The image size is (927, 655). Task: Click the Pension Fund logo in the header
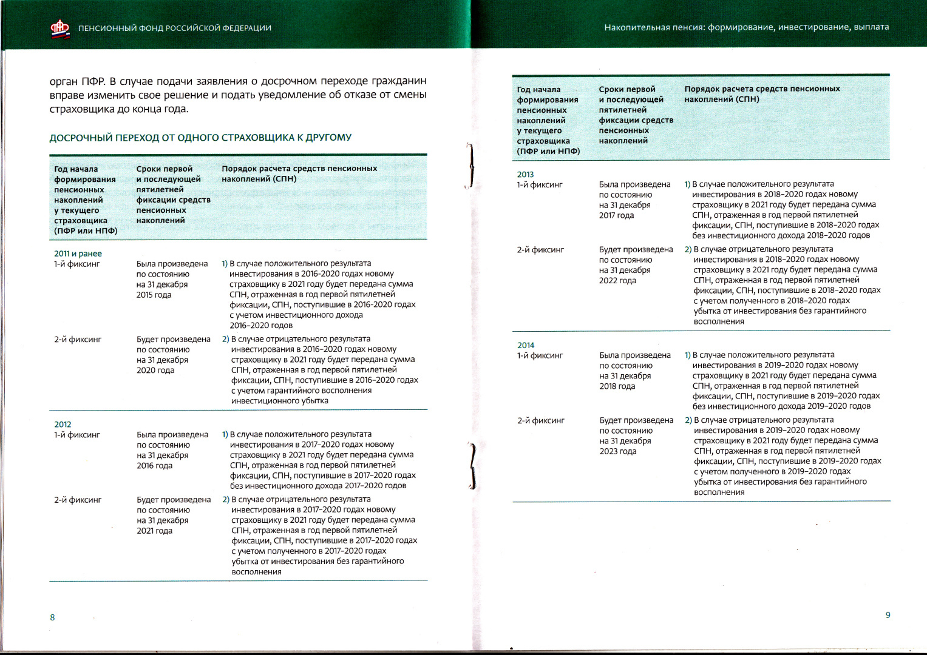tap(59, 28)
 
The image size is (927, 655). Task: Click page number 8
tap(52, 617)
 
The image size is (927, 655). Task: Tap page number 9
tap(888, 615)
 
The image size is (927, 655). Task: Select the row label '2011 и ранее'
tap(78, 254)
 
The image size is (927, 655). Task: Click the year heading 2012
tap(63, 425)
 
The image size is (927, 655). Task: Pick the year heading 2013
tap(525, 174)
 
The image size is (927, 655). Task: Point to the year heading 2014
tap(526, 345)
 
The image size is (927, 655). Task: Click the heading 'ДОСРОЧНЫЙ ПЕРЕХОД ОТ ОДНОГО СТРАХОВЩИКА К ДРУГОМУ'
tap(200, 138)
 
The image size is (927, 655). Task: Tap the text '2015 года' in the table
tap(154, 295)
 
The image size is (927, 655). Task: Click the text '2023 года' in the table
tap(617, 451)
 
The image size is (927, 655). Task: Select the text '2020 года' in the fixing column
tap(155, 370)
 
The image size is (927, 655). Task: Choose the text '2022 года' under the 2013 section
tap(617, 280)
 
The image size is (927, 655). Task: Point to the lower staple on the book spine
tap(472, 466)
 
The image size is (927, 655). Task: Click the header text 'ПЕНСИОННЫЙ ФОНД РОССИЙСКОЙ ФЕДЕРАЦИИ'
tap(175, 28)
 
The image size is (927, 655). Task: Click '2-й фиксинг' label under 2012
tap(78, 500)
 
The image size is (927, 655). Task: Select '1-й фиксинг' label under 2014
tap(540, 355)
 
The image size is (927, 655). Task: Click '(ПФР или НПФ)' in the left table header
tap(86, 230)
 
